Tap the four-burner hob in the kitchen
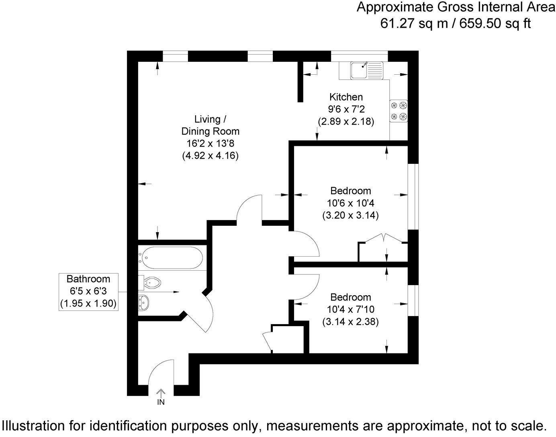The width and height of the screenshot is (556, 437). [x=398, y=111]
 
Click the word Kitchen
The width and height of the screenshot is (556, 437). [x=345, y=97]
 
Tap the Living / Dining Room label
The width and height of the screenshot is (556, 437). [x=210, y=125]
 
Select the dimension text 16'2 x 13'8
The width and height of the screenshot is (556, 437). [x=210, y=143]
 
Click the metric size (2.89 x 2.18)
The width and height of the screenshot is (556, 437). [x=345, y=121]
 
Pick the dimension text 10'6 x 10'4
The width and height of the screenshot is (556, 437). [x=350, y=203]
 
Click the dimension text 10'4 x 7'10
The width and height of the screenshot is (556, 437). [x=350, y=309]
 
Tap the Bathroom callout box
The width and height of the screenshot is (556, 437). [x=88, y=291]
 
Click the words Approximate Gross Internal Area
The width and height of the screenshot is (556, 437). [x=456, y=7]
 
